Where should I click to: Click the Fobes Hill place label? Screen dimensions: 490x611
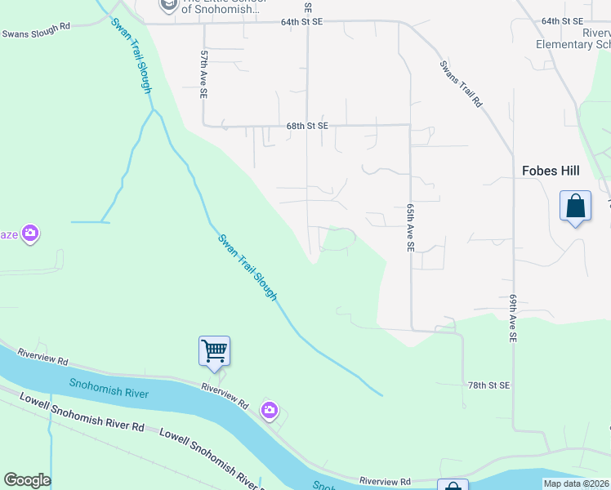click(x=551, y=171)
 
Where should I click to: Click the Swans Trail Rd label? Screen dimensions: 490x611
click(x=461, y=84)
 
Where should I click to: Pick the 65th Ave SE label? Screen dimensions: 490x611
click(x=411, y=228)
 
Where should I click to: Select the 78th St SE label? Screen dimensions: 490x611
click(x=488, y=385)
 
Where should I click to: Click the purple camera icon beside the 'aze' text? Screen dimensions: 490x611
click(x=30, y=235)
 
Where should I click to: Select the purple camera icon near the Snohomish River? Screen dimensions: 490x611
click(x=270, y=411)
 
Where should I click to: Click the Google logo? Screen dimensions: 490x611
click(x=27, y=480)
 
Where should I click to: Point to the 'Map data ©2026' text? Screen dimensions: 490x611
click(x=577, y=483)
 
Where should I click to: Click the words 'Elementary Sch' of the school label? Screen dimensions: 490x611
click(x=573, y=44)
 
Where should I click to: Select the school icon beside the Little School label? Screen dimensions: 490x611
click(x=168, y=7)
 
